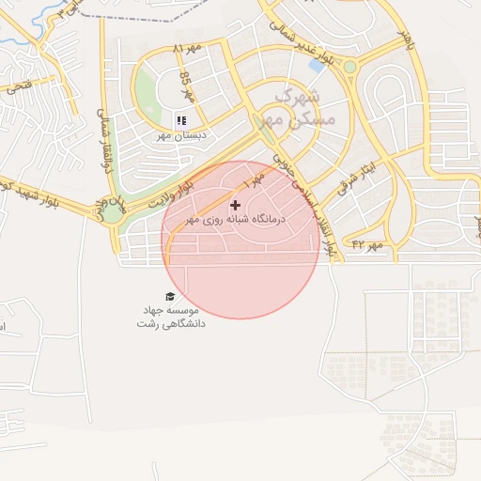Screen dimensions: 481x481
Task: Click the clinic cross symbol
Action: tap(235, 205)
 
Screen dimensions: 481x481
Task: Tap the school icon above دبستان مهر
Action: tap(181, 120)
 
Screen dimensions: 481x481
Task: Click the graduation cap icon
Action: tap(170, 296)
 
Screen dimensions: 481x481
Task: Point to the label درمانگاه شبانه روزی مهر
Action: tap(235, 219)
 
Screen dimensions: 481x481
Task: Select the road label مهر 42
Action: tap(368, 245)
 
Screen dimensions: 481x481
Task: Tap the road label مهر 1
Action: tap(254, 176)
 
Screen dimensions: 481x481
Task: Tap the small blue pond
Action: tap(317, 65)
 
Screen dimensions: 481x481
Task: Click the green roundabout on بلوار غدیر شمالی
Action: tap(350, 67)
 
